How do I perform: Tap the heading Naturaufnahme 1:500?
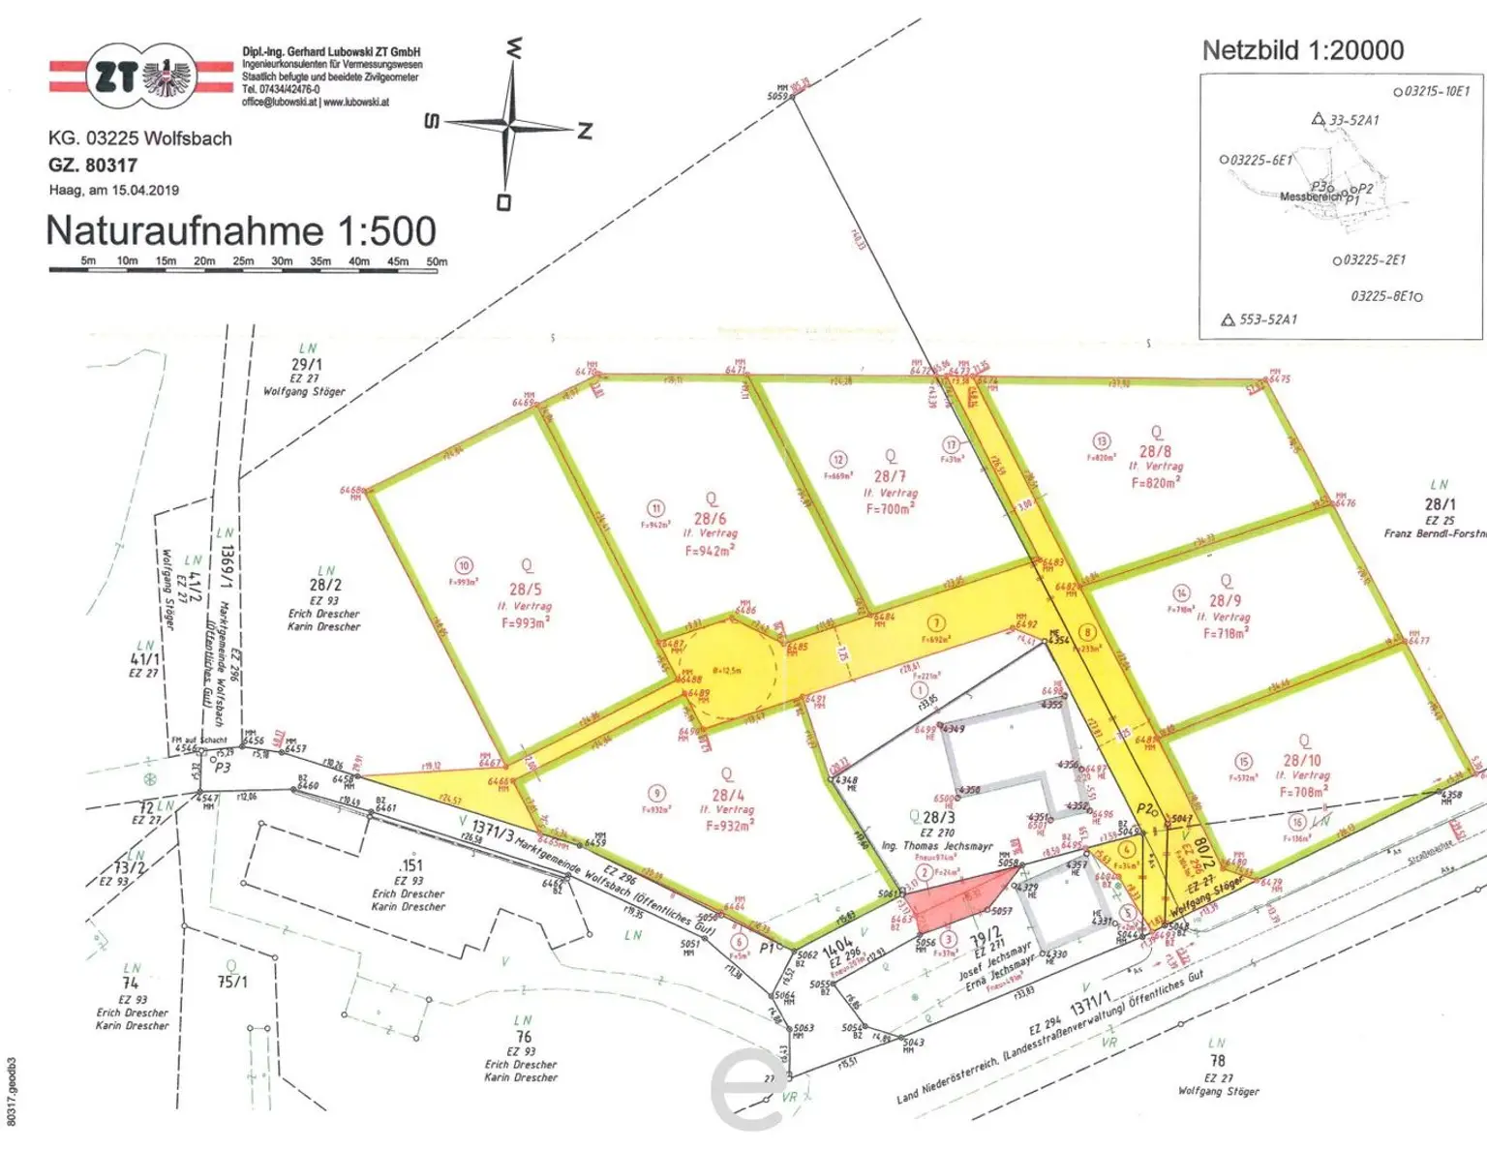[x=241, y=231]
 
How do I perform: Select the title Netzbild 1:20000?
[x=1302, y=50]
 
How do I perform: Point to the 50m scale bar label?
[x=437, y=261]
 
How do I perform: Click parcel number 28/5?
[x=526, y=589]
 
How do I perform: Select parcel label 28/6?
[x=710, y=519]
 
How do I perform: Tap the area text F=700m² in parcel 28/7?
[x=889, y=508]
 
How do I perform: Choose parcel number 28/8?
[x=1155, y=451]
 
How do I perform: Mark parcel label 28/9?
[x=1225, y=601]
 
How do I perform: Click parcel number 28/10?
[x=1302, y=761]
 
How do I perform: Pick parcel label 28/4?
[x=728, y=795]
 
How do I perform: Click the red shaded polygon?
[x=958, y=893]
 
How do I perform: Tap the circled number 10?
[x=464, y=566]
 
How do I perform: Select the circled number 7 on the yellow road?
[x=935, y=623]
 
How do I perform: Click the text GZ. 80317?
[x=93, y=166]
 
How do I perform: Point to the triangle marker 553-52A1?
[x=1228, y=319]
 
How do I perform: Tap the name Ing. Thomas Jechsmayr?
[x=936, y=846]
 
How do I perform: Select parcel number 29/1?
[x=307, y=365]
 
